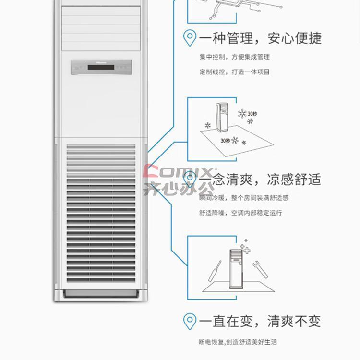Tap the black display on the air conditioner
click(101, 67)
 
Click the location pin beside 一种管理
click(190, 38)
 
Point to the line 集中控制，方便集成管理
click(235, 57)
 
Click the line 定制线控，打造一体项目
click(235, 72)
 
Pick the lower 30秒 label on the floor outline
click(225, 141)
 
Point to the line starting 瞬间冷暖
click(244, 198)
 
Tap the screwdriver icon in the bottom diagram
click(213, 272)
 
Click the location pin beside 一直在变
click(190, 321)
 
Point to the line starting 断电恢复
click(238, 342)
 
